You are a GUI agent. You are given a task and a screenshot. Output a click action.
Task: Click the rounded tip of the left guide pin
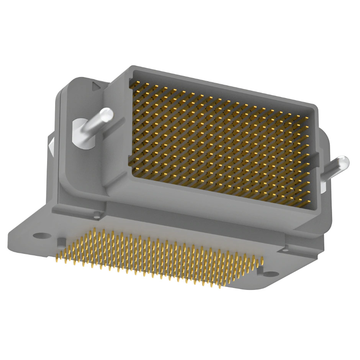(107, 114)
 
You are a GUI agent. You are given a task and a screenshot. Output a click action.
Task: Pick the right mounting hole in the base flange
(271, 274)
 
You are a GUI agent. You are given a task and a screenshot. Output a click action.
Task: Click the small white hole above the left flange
(96, 217)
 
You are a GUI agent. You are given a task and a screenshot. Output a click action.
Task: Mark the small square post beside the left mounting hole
(61, 242)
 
